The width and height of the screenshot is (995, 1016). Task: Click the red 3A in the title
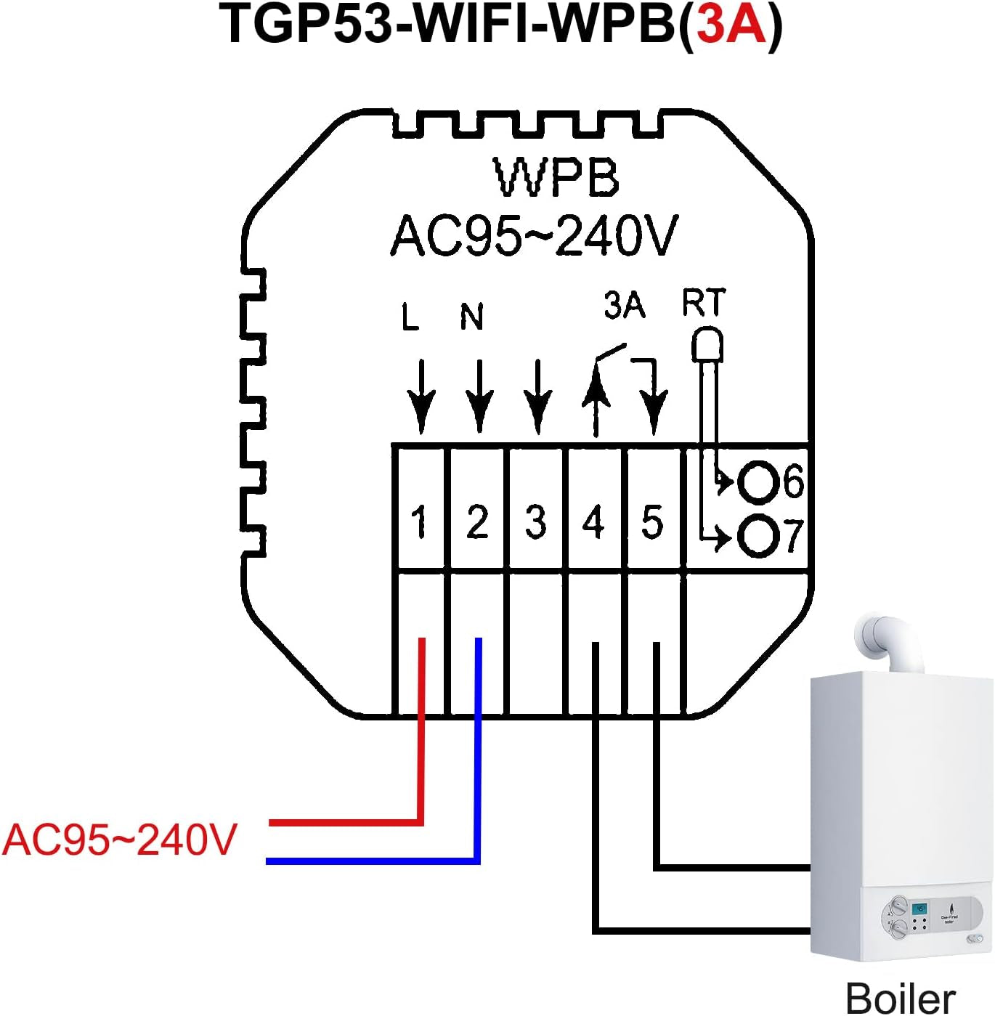click(x=731, y=25)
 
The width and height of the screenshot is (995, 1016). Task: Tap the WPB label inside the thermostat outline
click(x=556, y=177)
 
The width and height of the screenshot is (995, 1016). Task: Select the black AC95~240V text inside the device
click(x=534, y=235)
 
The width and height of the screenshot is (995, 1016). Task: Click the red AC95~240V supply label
click(x=120, y=840)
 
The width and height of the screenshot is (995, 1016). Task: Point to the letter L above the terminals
click(x=410, y=317)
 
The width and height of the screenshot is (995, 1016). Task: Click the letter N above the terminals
click(x=472, y=317)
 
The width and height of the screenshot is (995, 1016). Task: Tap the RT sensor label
click(x=703, y=303)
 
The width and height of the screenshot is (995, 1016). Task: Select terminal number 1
click(x=418, y=521)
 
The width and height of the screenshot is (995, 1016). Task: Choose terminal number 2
click(x=477, y=521)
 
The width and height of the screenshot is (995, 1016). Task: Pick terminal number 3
click(x=536, y=521)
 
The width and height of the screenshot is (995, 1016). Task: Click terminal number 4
click(x=594, y=521)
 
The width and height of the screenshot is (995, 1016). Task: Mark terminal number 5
click(x=652, y=521)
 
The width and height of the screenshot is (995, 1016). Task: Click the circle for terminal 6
click(x=758, y=482)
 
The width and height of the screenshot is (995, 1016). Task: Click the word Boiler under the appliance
click(x=901, y=998)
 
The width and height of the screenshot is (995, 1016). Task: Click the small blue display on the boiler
click(x=920, y=909)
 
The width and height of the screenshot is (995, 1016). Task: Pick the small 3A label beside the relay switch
click(x=624, y=305)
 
